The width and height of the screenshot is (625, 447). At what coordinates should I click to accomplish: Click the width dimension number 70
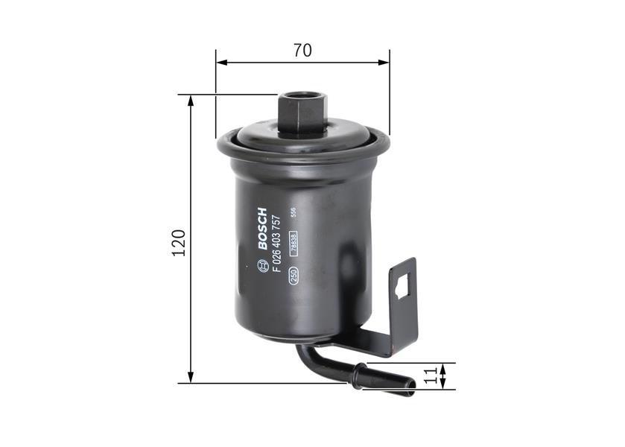coord(302,51)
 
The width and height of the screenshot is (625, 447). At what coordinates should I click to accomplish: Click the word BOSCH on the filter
coord(262,228)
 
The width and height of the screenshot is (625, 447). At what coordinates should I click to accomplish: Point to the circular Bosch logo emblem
coord(261,265)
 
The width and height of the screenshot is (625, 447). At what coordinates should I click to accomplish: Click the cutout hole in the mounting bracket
coord(402,286)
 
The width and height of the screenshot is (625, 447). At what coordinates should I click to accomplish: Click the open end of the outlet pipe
coord(413,384)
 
